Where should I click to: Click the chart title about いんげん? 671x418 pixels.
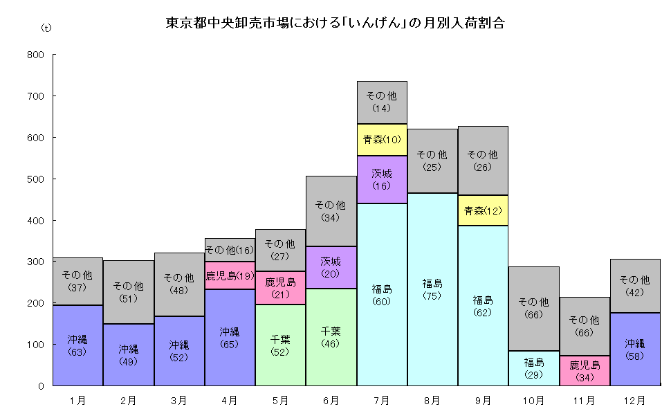[x=335, y=23]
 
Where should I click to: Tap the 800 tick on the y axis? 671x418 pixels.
[x=35, y=55]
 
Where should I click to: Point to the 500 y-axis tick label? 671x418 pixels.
[x=35, y=179]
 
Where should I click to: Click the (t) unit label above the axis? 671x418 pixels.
[x=46, y=28]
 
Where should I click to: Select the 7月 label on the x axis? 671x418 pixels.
[x=382, y=400]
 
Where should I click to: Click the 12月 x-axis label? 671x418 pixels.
[x=634, y=400]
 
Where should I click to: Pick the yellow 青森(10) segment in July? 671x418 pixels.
[x=382, y=140]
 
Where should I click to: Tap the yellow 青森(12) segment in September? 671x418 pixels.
[x=483, y=210]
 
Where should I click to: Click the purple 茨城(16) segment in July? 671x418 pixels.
[x=382, y=179]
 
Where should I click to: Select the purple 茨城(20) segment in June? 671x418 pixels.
[x=331, y=267]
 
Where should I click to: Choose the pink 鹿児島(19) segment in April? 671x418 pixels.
[x=230, y=275]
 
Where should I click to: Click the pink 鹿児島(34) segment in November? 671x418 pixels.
[x=584, y=370]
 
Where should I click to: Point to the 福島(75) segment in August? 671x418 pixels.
[x=432, y=289]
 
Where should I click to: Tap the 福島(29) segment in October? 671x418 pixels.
[x=533, y=368]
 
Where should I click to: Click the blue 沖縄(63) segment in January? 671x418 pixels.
[x=77, y=345]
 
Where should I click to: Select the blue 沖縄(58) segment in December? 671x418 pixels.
[x=634, y=349]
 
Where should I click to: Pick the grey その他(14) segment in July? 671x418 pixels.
[x=382, y=102]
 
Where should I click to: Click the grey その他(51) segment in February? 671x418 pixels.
[x=128, y=292]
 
